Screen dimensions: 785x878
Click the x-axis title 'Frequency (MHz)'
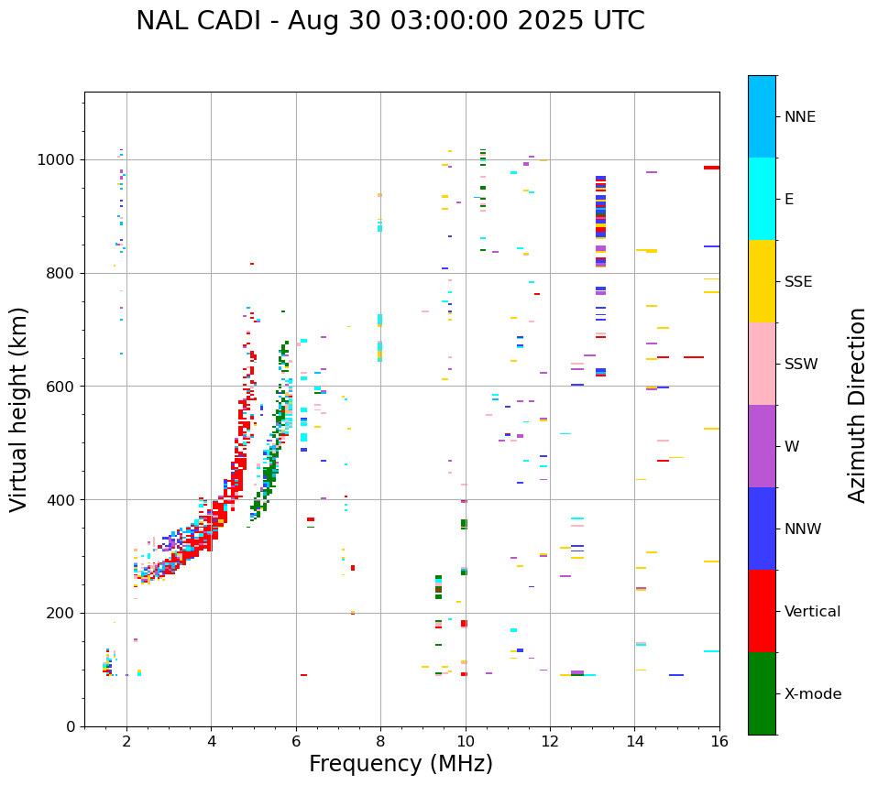[x=401, y=764]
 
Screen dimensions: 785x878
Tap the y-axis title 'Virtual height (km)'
[x=19, y=409]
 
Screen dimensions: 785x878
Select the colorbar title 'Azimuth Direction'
[x=857, y=404]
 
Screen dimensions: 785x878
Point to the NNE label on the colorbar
[x=799, y=117]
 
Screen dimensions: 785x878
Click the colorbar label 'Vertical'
[x=812, y=612]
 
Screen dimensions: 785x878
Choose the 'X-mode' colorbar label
[x=812, y=694]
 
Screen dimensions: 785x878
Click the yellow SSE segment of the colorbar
[x=762, y=281]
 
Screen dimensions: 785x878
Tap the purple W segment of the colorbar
[x=762, y=446]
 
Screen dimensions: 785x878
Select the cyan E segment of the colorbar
[x=762, y=199]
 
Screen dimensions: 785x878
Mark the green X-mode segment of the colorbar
[x=762, y=693]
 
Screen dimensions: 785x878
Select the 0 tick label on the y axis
[x=71, y=726]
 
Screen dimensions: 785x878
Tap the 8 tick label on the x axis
[x=380, y=742]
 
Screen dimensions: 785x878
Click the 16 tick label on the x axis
[x=719, y=742]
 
